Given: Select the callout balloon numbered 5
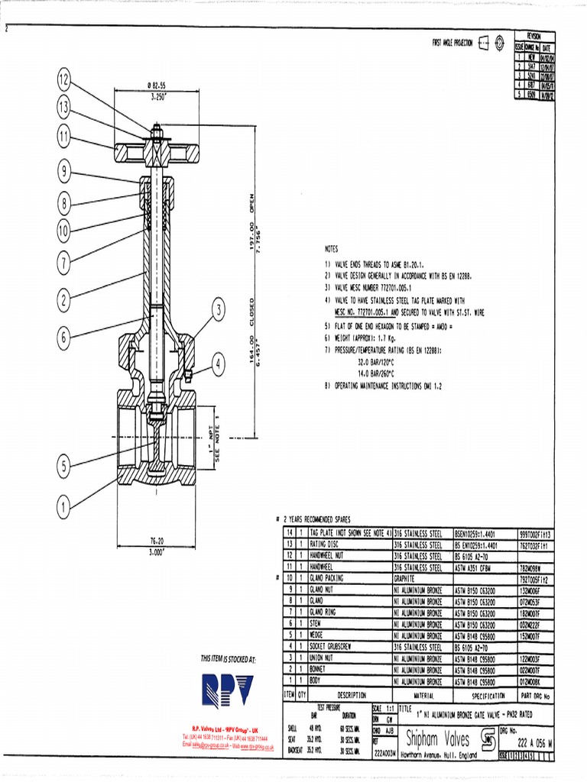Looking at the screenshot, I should point(63,464).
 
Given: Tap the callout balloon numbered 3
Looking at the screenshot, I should point(219,309).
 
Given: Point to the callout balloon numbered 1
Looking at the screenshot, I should point(63,505).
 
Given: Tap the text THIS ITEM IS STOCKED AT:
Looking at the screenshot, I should point(227,658).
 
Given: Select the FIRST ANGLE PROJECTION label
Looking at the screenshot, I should point(452,44).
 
